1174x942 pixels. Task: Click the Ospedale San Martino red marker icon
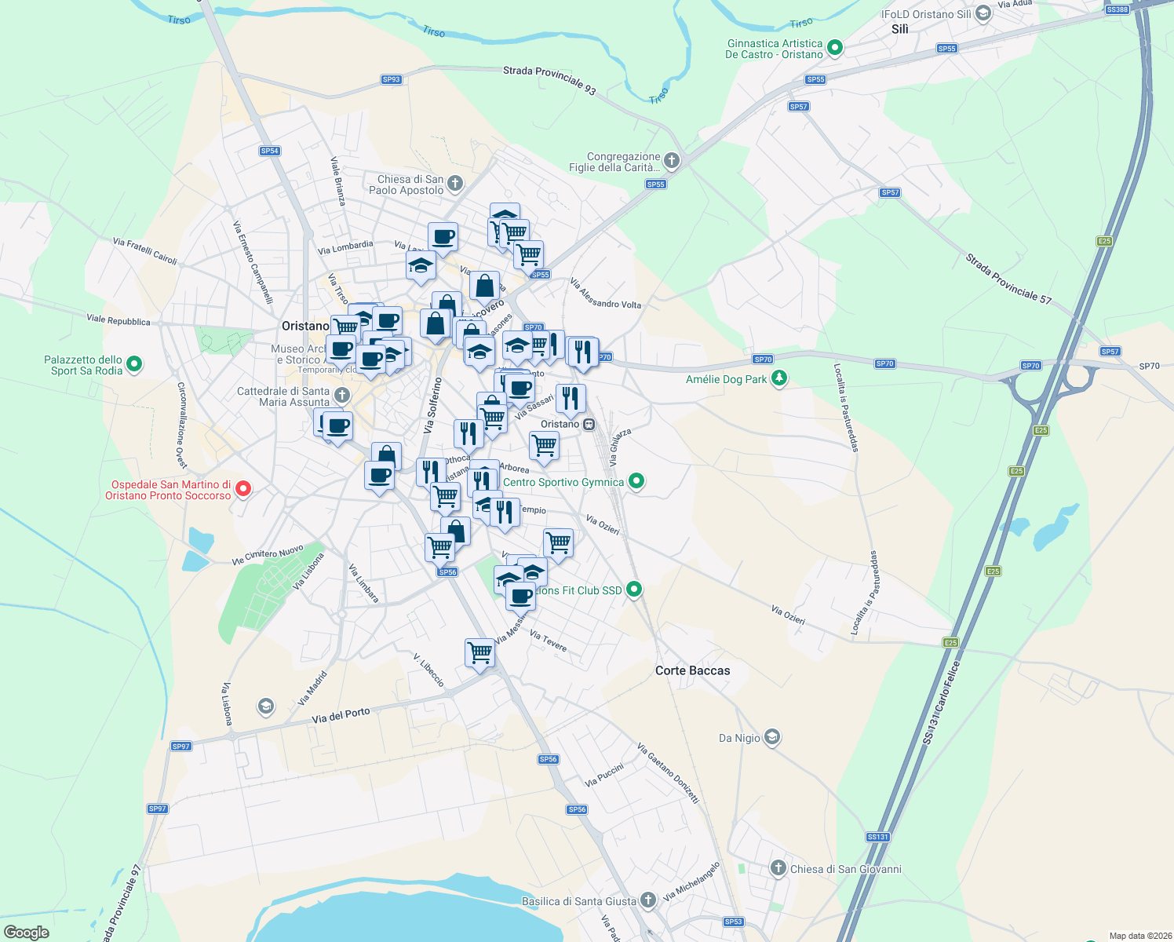(x=243, y=489)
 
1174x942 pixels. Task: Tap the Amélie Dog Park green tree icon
(x=779, y=379)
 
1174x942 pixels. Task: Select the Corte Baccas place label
(x=692, y=670)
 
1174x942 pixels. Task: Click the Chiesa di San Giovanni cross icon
(x=778, y=868)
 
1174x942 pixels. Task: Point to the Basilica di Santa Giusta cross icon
(x=647, y=900)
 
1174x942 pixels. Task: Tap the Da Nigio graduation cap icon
(x=772, y=737)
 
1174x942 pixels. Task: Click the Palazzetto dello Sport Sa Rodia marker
(x=134, y=364)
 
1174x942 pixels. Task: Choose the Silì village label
(x=899, y=29)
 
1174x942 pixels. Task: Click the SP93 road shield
(x=391, y=79)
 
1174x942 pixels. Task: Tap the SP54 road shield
(x=269, y=151)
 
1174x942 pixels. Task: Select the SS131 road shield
(x=877, y=837)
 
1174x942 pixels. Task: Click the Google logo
(x=27, y=933)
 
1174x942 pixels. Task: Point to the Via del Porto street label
(x=341, y=716)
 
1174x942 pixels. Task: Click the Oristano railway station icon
(x=589, y=424)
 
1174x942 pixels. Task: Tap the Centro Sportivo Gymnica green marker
(x=636, y=481)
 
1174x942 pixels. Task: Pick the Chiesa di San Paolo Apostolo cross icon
(x=455, y=184)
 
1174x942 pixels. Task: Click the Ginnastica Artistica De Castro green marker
(x=835, y=48)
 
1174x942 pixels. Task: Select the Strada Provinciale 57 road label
(x=1008, y=279)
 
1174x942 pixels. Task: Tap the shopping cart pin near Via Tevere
(x=479, y=652)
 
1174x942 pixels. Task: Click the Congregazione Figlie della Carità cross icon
(x=671, y=162)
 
